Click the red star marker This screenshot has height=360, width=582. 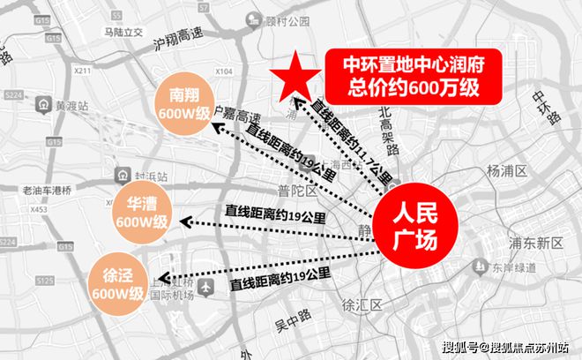293,76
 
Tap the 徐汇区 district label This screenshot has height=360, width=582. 361,305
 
